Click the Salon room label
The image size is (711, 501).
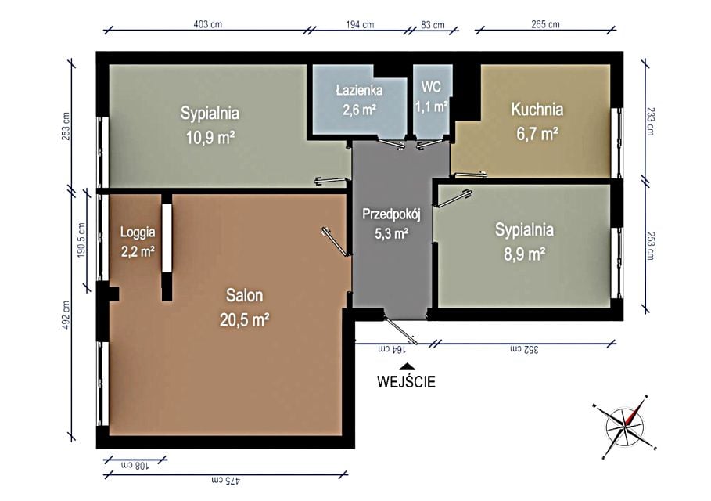[x=244, y=295]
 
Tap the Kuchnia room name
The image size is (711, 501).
[x=537, y=110]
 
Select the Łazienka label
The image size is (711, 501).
[x=359, y=90]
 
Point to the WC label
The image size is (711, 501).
[x=431, y=87]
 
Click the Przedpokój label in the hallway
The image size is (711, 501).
[x=391, y=214]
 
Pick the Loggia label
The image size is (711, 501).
[x=138, y=232]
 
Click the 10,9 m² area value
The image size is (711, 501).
[x=210, y=136]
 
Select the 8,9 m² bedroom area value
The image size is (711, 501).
[x=524, y=254]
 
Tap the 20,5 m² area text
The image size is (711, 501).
[x=244, y=320]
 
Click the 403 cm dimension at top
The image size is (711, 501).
[x=208, y=24]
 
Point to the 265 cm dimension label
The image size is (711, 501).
[x=545, y=24]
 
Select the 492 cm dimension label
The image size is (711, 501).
[x=66, y=315]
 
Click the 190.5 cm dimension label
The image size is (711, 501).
[x=81, y=240]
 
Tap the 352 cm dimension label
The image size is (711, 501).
[x=524, y=349]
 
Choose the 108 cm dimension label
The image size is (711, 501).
[x=135, y=465]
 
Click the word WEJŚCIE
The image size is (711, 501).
[x=406, y=382]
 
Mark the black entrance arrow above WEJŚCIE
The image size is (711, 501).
[x=408, y=366]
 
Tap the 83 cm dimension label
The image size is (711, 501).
[x=433, y=24]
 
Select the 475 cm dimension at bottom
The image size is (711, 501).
[x=225, y=480]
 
